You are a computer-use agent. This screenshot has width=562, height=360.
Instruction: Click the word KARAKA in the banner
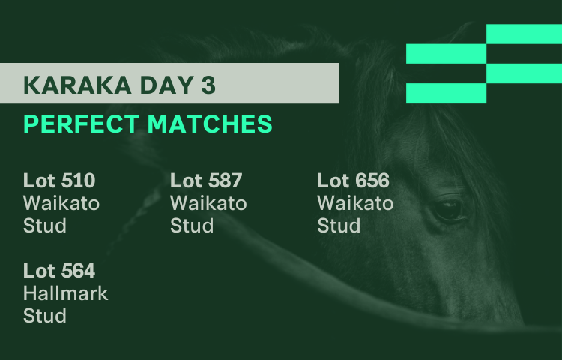pos(77,85)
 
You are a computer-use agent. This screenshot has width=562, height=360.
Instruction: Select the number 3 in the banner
pos(208,85)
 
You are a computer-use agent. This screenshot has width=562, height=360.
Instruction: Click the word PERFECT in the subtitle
pos(81,124)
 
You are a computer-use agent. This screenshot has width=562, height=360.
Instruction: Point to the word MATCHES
pos(210,124)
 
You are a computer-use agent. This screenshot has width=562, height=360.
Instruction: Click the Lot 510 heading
pos(59,180)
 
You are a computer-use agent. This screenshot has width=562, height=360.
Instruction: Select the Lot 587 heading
pos(206,180)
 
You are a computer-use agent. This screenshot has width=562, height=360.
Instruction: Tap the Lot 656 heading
pos(353,180)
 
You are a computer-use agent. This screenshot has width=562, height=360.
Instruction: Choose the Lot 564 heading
pos(59,270)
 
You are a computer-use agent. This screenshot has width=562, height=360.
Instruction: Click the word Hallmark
pos(66,293)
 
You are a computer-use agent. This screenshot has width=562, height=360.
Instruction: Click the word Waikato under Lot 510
pos(61,203)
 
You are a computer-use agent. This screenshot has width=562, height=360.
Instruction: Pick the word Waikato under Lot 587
pos(208,203)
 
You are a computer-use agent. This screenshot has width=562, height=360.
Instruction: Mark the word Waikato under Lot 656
pos(355,203)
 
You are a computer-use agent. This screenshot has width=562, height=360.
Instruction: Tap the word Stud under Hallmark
pos(45,316)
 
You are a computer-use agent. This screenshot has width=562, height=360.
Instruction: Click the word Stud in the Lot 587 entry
pos(192,226)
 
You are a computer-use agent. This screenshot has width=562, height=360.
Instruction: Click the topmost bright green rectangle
pos(524,34)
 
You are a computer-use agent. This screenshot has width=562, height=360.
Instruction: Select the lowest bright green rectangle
pos(447,93)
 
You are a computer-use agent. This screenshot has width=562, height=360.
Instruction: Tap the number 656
pos(372,180)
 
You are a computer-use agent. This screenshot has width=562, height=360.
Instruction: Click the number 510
pos(78,180)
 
